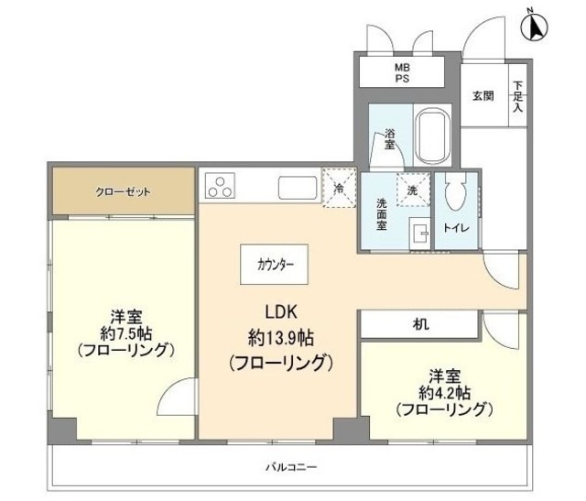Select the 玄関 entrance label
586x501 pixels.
pos(483,96)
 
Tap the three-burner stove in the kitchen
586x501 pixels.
pos(222,188)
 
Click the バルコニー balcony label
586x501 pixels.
pos(291,468)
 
